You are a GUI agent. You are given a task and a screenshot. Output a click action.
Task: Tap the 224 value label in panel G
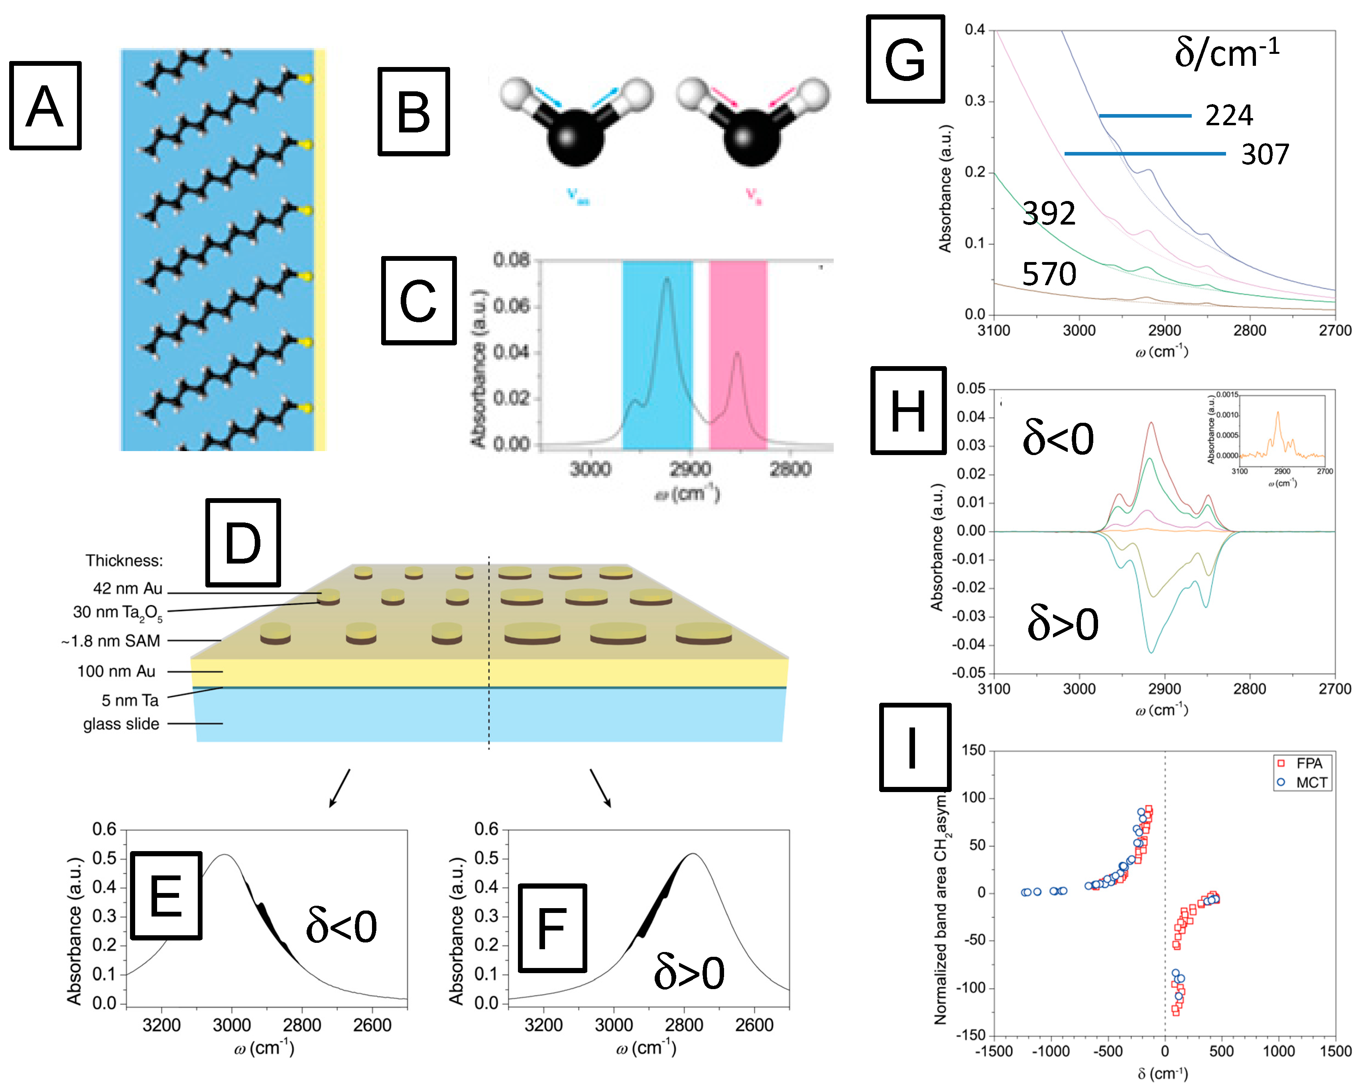point(1229,116)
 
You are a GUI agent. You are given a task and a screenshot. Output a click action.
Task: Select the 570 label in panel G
point(1049,274)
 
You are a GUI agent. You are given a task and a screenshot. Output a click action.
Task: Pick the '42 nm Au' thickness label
point(128,588)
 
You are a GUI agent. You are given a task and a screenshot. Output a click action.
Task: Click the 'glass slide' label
point(121,723)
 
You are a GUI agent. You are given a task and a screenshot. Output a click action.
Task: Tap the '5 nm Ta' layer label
point(130,700)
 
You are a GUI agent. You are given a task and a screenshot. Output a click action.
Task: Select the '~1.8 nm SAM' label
point(111,641)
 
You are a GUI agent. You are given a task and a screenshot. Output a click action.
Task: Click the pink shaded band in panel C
point(738,354)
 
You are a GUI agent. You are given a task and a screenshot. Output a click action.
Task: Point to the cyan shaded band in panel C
point(657,354)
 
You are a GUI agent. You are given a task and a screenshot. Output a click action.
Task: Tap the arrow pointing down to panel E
point(339,788)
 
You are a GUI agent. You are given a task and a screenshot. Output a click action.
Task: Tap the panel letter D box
point(242,542)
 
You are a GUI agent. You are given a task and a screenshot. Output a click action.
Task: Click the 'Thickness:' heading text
point(124,560)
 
